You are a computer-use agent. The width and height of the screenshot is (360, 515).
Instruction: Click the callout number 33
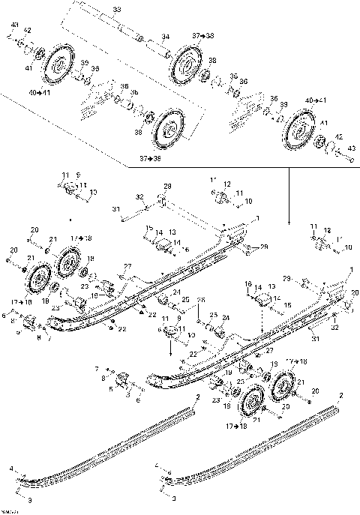[x=115, y=8]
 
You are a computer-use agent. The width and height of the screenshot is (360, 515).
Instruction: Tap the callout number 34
[x=165, y=36]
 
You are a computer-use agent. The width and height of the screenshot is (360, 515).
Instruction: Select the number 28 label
[x=167, y=186]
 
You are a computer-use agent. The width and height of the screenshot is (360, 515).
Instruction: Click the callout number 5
[x=111, y=388]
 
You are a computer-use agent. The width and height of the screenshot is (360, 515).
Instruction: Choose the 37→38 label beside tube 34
[x=202, y=35]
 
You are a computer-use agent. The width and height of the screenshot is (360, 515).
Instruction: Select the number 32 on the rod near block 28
[x=140, y=197]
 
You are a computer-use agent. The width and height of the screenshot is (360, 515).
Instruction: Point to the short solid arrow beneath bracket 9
[x=171, y=347]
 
